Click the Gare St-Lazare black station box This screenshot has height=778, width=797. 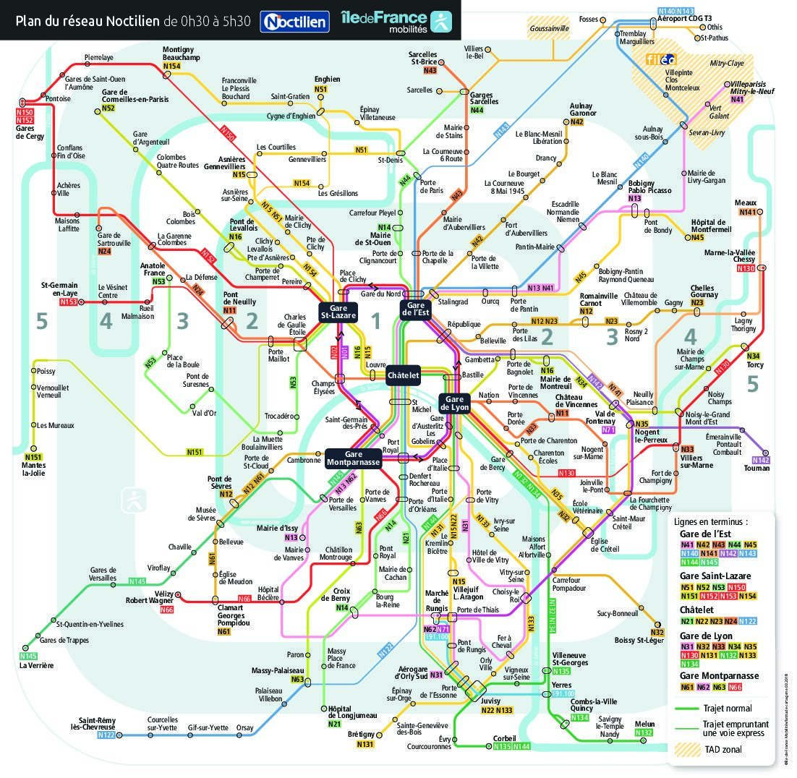pos(337,311)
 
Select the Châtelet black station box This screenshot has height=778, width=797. pos(403,376)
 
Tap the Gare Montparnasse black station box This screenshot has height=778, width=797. pos(353,458)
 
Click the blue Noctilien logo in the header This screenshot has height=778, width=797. pos(294,21)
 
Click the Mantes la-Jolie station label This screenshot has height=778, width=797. pos(33,469)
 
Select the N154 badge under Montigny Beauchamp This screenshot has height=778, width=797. pos(171,67)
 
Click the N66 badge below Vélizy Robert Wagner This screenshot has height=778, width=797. pos(167,610)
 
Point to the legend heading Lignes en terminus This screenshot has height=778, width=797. pos(710,521)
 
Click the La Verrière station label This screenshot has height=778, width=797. pos(36,665)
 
